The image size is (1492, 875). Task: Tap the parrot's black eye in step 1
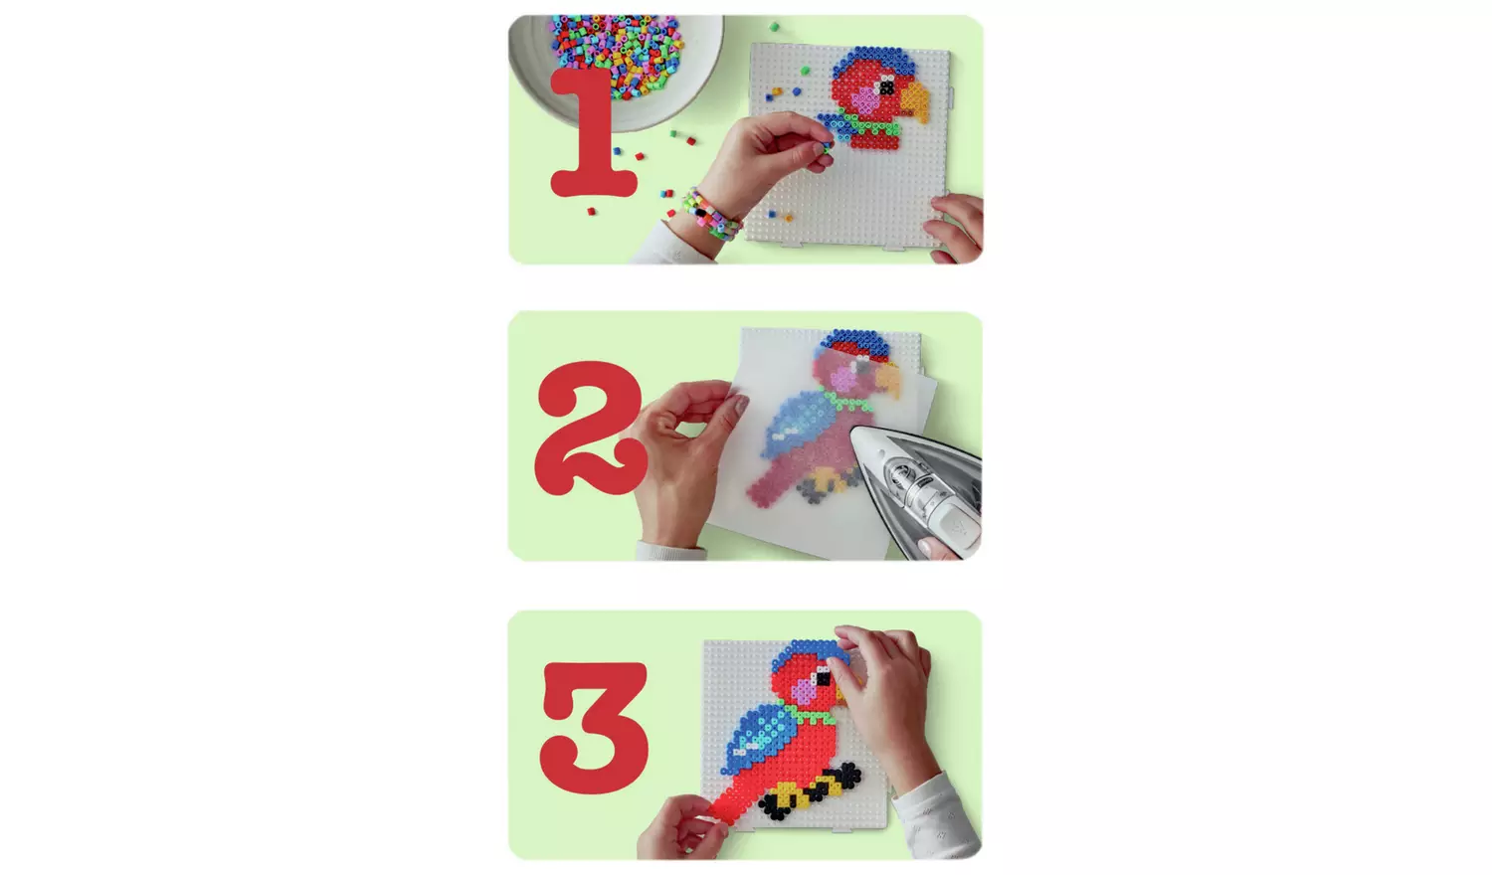point(885,88)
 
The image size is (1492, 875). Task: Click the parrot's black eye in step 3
point(823,680)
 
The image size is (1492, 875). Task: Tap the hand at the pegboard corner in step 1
point(957,227)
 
